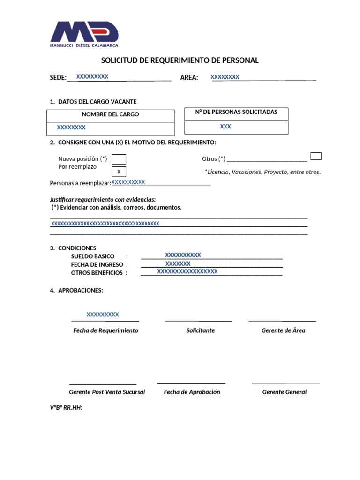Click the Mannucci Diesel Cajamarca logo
point(84,34)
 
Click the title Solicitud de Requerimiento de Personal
point(180,60)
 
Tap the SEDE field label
point(58,78)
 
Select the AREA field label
point(189,78)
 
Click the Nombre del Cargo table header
point(110,114)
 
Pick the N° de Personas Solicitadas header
point(236,112)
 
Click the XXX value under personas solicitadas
point(225,127)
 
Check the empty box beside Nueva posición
point(119,159)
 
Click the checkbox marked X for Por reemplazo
point(119,172)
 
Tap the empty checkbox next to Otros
point(316,156)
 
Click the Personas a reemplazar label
point(80,183)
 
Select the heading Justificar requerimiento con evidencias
point(103,200)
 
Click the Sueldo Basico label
point(92,256)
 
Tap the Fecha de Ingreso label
point(97,265)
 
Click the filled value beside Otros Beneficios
point(187,271)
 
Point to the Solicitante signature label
point(200,330)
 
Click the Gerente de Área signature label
point(283,330)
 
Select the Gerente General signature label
point(284,392)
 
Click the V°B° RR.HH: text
point(66,408)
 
